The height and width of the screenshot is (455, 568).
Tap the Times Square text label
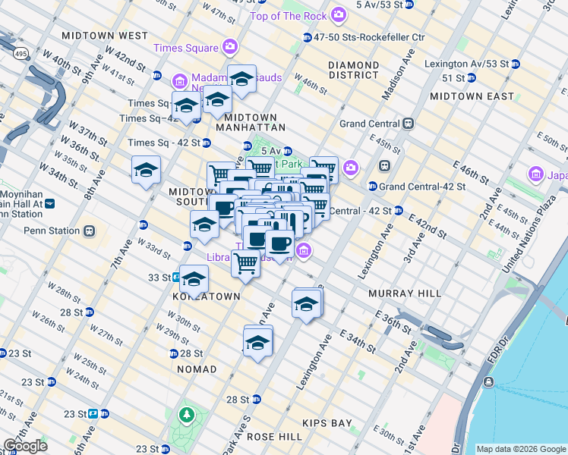(186, 48)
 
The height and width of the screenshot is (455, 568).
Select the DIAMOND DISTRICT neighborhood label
(353, 70)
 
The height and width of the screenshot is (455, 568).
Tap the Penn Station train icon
(89, 231)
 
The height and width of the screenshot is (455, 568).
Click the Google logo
(25, 446)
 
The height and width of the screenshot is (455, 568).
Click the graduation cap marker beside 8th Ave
(146, 171)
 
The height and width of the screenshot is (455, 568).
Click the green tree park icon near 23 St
(185, 415)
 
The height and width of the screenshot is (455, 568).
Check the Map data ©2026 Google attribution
(519, 449)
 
